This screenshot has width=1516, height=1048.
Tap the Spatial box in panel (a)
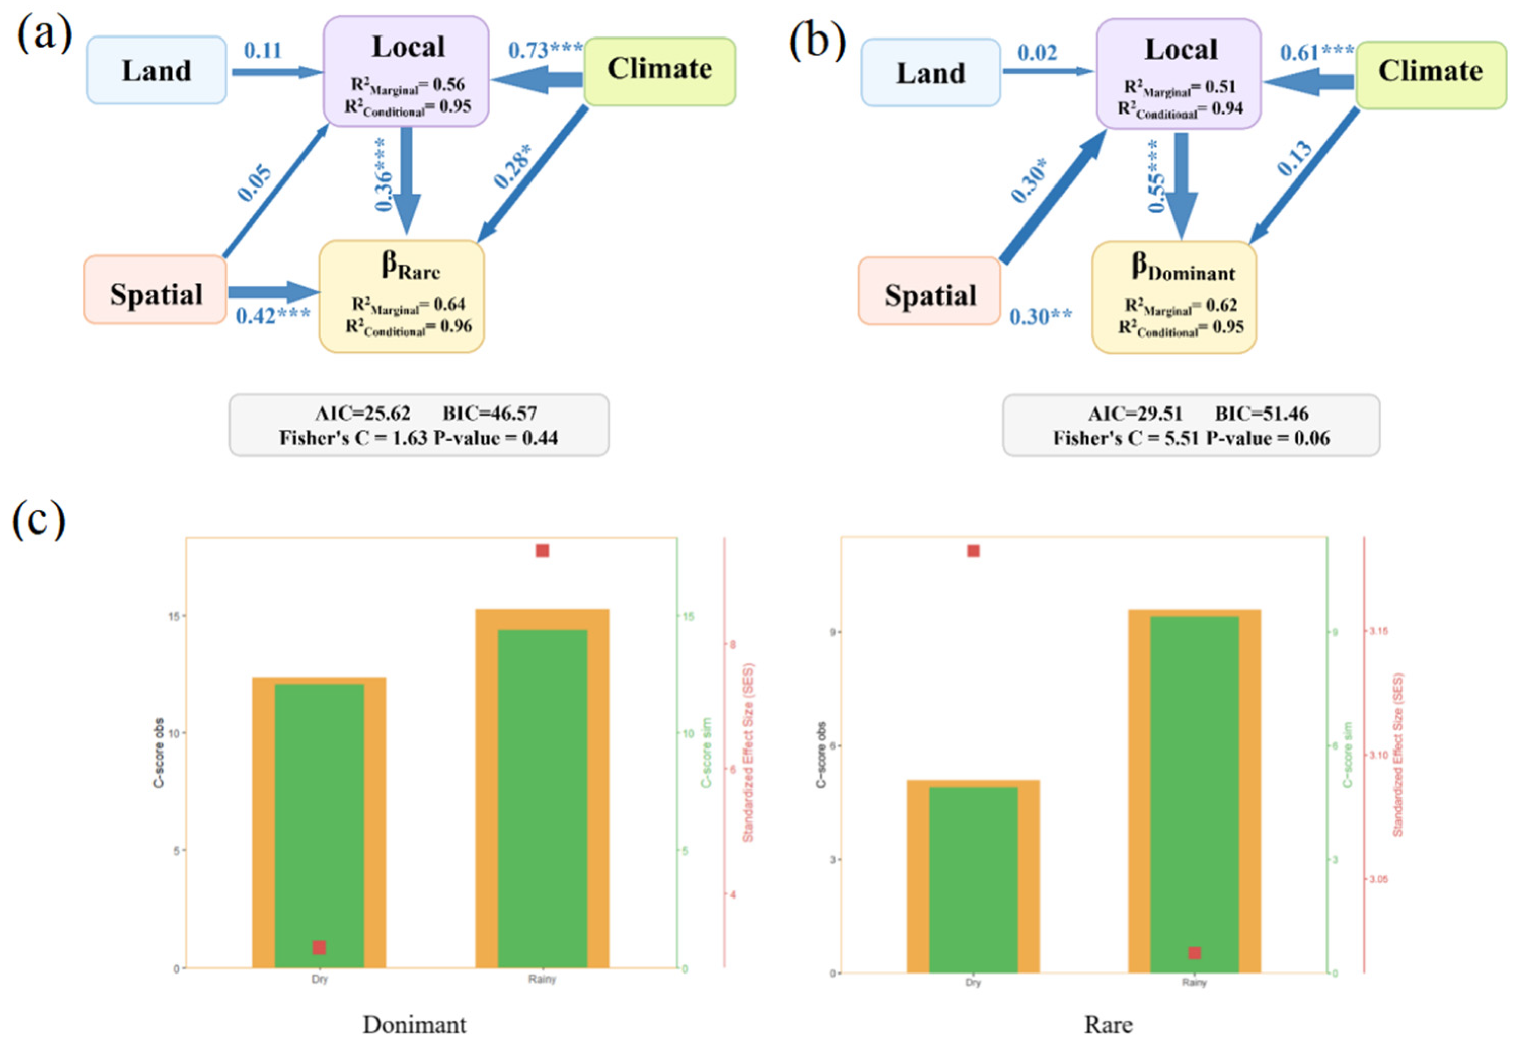click(155, 289)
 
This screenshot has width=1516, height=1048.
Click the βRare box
click(401, 296)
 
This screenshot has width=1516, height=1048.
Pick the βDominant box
click(1173, 297)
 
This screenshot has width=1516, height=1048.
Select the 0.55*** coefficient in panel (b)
click(1156, 176)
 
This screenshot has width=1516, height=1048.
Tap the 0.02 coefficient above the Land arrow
click(1037, 53)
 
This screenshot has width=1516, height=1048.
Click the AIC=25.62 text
click(362, 413)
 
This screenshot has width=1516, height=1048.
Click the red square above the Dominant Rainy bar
click(542, 550)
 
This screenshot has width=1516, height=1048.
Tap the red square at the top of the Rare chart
click(973, 550)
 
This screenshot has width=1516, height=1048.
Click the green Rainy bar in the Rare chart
click(1194, 788)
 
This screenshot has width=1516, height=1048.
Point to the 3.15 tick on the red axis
click(1378, 631)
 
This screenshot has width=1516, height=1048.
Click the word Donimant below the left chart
click(414, 1024)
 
